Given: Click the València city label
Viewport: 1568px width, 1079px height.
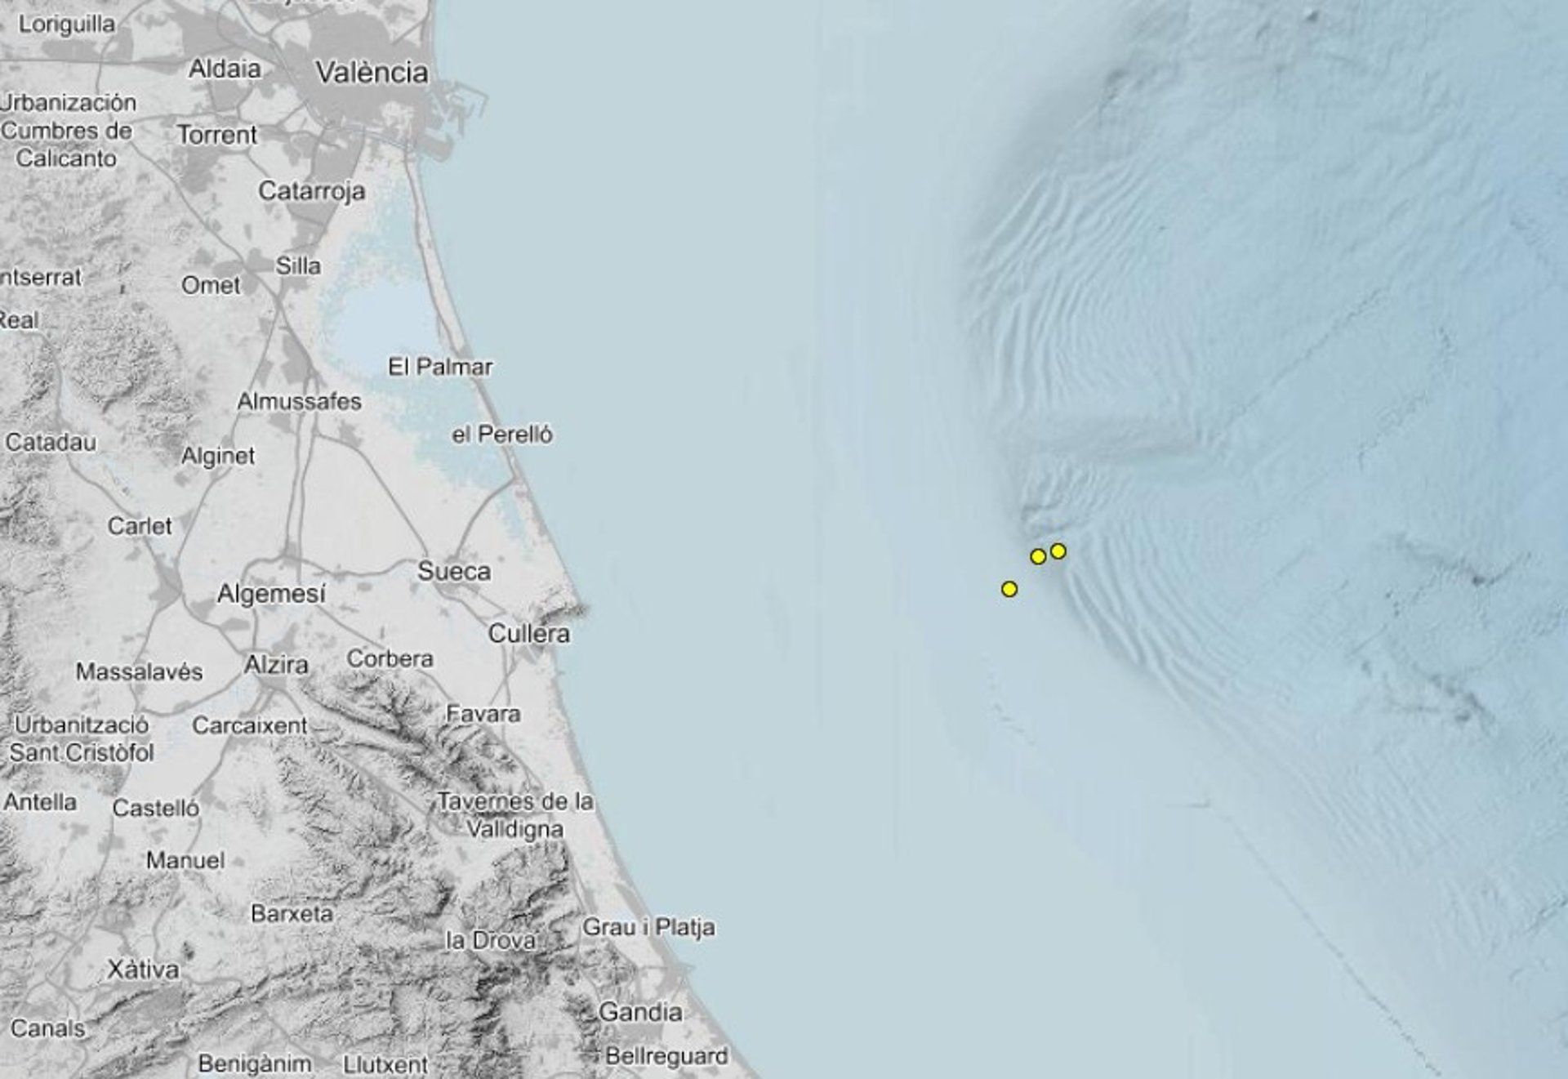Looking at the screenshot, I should coord(372,73).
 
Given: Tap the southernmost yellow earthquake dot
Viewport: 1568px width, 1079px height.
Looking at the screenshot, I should coord(1009,589).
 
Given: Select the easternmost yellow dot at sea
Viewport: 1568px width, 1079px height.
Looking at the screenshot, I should coord(1058,551).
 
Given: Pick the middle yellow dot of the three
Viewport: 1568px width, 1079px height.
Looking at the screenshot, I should coord(1038,557).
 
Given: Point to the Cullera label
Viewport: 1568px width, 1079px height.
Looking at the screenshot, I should coord(529,633).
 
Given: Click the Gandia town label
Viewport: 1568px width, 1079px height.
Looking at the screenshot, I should coord(640,1012).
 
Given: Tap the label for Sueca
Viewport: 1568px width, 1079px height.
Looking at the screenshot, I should coord(454,571).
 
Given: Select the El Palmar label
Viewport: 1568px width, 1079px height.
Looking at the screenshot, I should coord(440,367).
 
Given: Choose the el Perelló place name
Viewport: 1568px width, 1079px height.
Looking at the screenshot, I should coord(502,434).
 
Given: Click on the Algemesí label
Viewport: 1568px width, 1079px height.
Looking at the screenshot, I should coord(271,593).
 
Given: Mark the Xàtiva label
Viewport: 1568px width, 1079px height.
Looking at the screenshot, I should coord(143,970).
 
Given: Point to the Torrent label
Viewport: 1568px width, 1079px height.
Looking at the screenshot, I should coord(217,135).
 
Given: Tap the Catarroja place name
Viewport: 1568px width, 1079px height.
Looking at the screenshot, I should coord(312,191).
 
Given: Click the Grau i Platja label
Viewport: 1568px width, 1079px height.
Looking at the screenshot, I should coord(648,927).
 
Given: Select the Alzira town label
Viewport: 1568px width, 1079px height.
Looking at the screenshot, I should coord(276,665).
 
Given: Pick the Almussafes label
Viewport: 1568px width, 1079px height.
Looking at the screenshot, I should coord(299,401).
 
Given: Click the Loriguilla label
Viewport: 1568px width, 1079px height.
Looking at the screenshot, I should coord(66,25).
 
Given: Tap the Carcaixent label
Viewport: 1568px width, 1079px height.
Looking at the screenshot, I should coord(250,725).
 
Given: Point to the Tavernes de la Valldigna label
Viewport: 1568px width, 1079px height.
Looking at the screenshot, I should coord(515,815).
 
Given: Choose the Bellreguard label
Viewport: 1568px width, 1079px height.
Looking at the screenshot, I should coord(666,1056).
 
